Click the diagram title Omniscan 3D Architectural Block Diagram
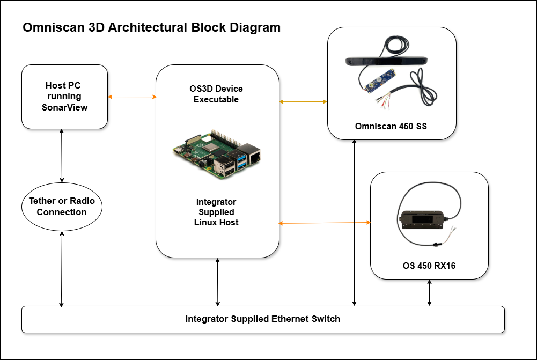coord(151,28)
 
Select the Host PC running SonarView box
coord(64,97)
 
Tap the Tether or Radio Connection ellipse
coord(62,207)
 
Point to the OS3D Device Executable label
coord(217,94)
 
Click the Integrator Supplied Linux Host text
coord(216,212)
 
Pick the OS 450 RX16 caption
coord(429,265)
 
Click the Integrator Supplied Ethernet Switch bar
coord(262,319)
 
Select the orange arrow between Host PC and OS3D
coord(132,97)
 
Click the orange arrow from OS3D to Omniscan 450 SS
coord(303,101)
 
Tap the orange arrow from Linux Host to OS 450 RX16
coord(325,223)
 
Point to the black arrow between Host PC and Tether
coord(63,156)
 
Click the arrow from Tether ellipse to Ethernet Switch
coord(62,268)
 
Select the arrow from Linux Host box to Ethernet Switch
coord(217,282)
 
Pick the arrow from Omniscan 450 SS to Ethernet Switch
coord(355,223)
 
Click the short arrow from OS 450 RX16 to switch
coord(429,292)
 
